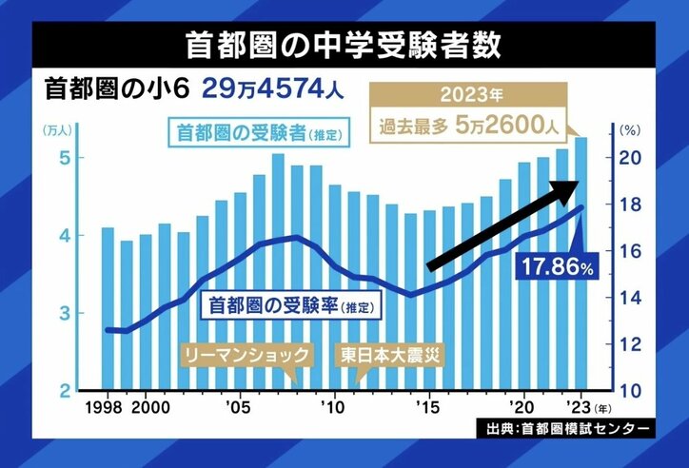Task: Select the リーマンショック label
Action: (x=246, y=356)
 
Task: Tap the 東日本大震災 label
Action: (x=393, y=356)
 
